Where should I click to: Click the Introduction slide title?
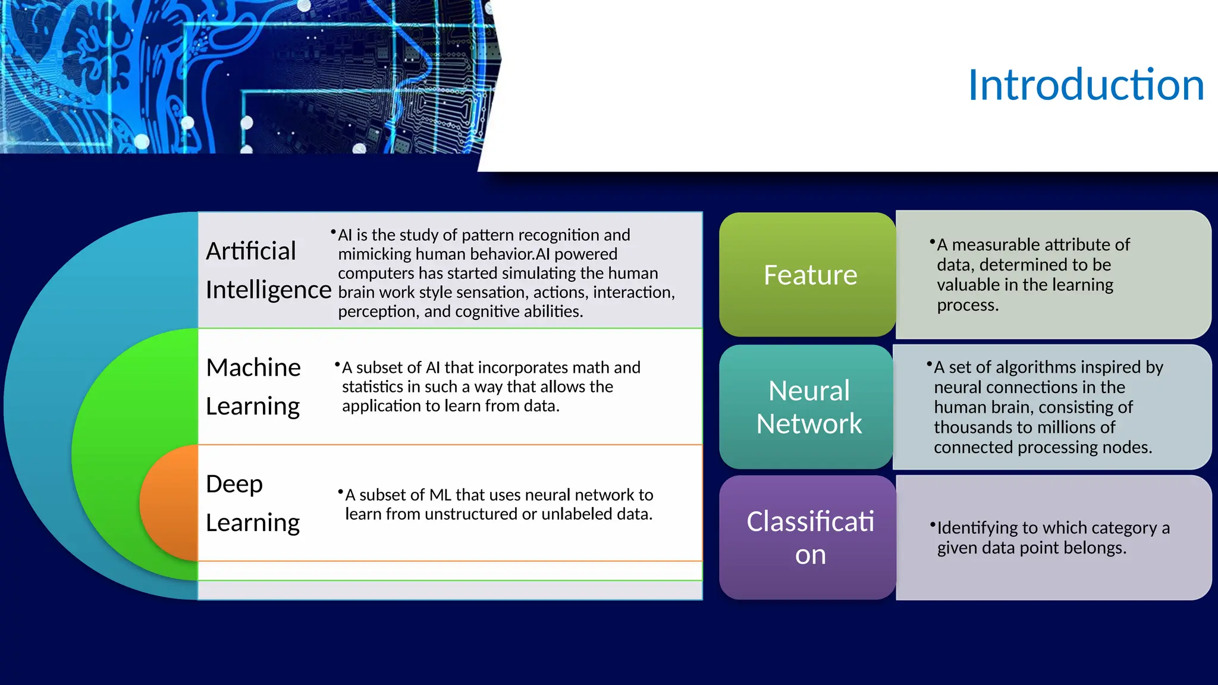point(1085,85)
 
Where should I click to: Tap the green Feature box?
point(809,275)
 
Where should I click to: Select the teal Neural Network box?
point(808,407)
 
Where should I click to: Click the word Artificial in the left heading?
point(250,251)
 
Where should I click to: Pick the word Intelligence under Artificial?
point(268,290)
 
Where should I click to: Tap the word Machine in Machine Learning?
point(253,367)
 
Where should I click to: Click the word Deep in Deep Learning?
point(234,484)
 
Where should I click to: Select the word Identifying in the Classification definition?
point(977,528)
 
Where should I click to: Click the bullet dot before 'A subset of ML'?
point(340,492)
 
